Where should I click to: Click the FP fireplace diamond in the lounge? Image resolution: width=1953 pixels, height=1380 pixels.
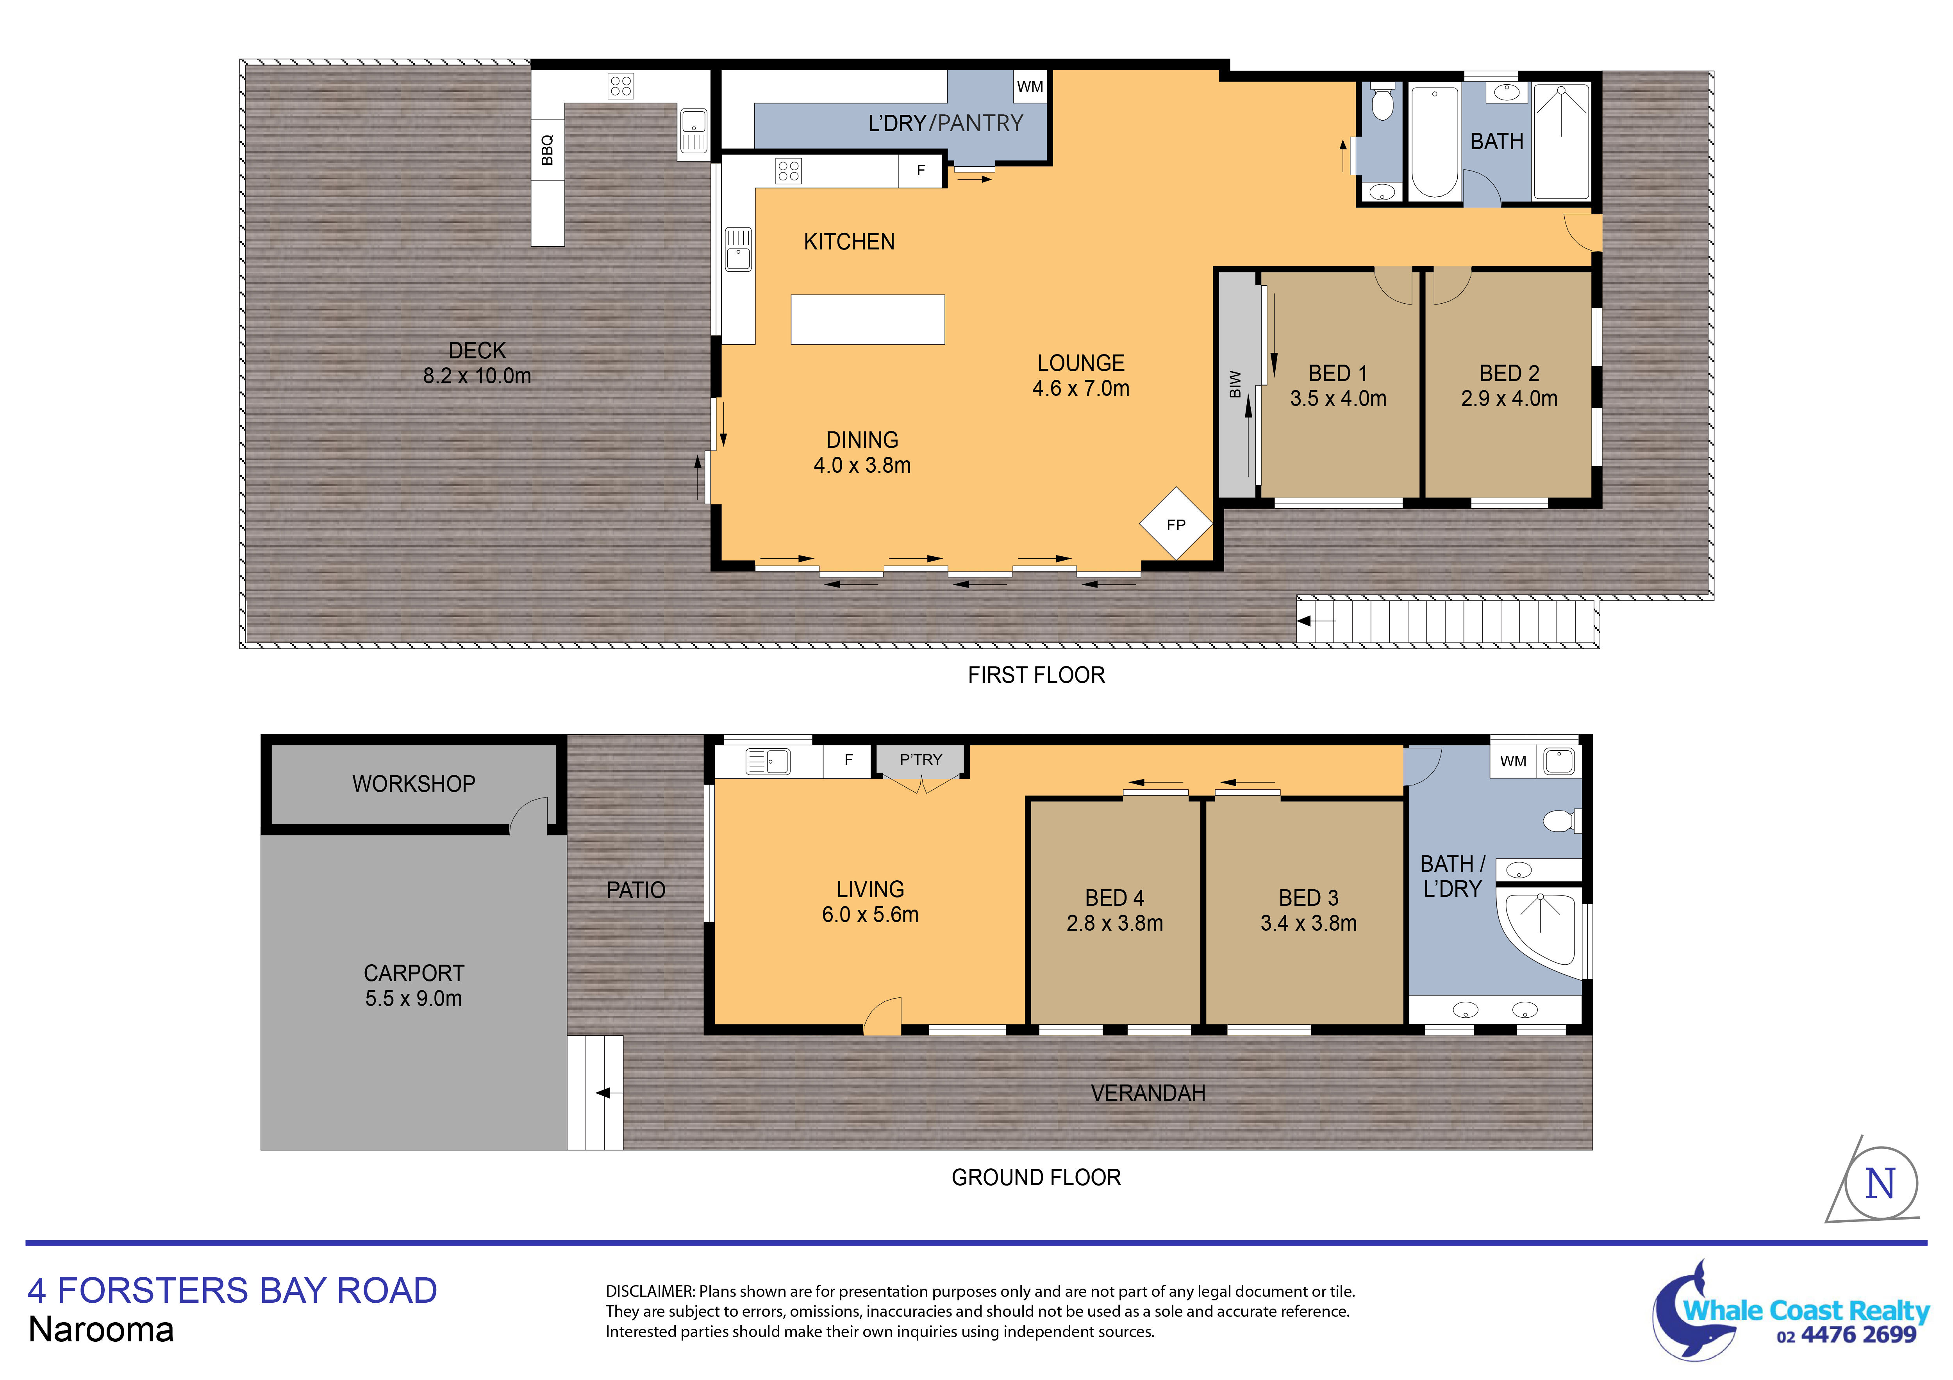tap(1176, 524)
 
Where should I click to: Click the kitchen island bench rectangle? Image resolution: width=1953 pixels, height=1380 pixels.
tap(868, 320)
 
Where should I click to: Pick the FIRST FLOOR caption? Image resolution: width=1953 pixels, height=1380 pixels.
tap(1036, 675)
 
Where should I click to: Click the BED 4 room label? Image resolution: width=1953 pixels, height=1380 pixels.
tap(1114, 898)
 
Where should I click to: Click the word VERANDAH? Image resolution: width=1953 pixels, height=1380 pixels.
tap(1148, 1093)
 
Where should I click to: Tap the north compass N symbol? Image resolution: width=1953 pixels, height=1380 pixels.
tap(1880, 1184)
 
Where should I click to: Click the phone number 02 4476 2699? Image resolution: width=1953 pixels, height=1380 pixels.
tap(1846, 1336)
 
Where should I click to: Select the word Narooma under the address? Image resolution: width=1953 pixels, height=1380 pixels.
tap(101, 1330)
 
